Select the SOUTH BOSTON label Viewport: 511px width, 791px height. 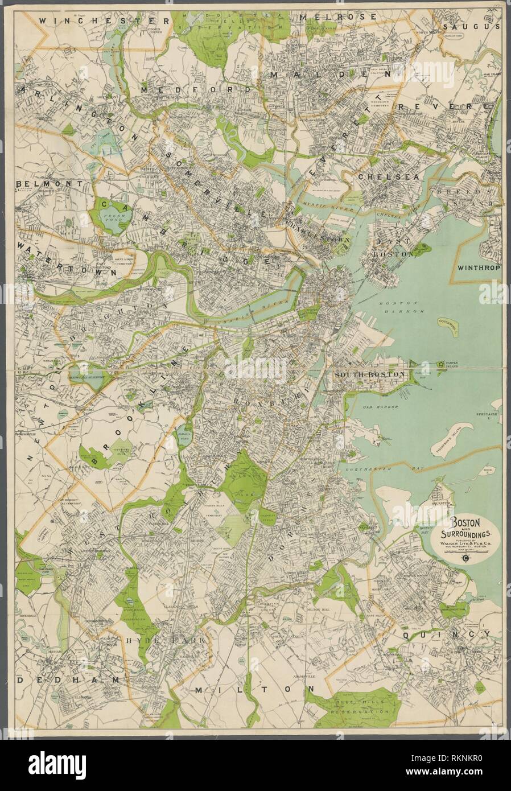pyautogui.click(x=370, y=374)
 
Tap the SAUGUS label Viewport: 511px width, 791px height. pyautogui.click(x=479, y=26)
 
